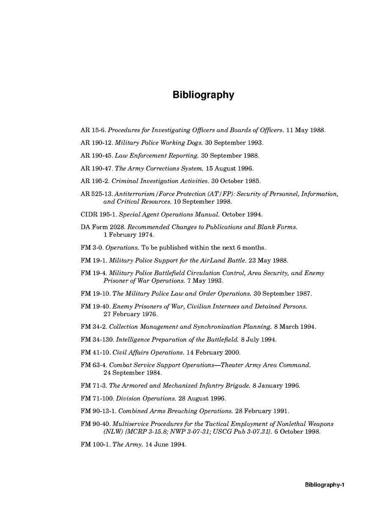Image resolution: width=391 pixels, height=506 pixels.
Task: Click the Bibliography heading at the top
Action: click(203, 95)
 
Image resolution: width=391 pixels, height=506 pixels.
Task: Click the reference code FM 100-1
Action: click(95, 445)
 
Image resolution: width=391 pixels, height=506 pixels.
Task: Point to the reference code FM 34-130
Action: click(97, 340)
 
